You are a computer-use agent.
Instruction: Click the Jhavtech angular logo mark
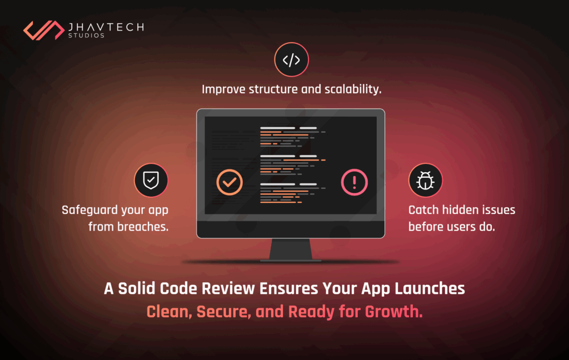[43, 30]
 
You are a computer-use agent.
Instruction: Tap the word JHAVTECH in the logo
[106, 27]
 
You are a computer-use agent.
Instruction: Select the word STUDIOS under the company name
[86, 36]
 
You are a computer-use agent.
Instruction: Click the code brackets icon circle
[291, 60]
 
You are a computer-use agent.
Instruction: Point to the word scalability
[353, 89]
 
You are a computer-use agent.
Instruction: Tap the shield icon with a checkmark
[151, 181]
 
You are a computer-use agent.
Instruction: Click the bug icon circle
[425, 181]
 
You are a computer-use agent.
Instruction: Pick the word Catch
[423, 210]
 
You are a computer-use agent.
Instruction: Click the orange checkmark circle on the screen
[229, 182]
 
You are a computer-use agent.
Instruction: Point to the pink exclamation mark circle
[354, 182]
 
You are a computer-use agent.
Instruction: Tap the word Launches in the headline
[430, 288]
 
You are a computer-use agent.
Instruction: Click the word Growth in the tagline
[394, 312]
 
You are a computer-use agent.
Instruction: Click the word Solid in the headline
[137, 288]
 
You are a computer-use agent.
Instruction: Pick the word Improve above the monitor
[223, 89]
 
